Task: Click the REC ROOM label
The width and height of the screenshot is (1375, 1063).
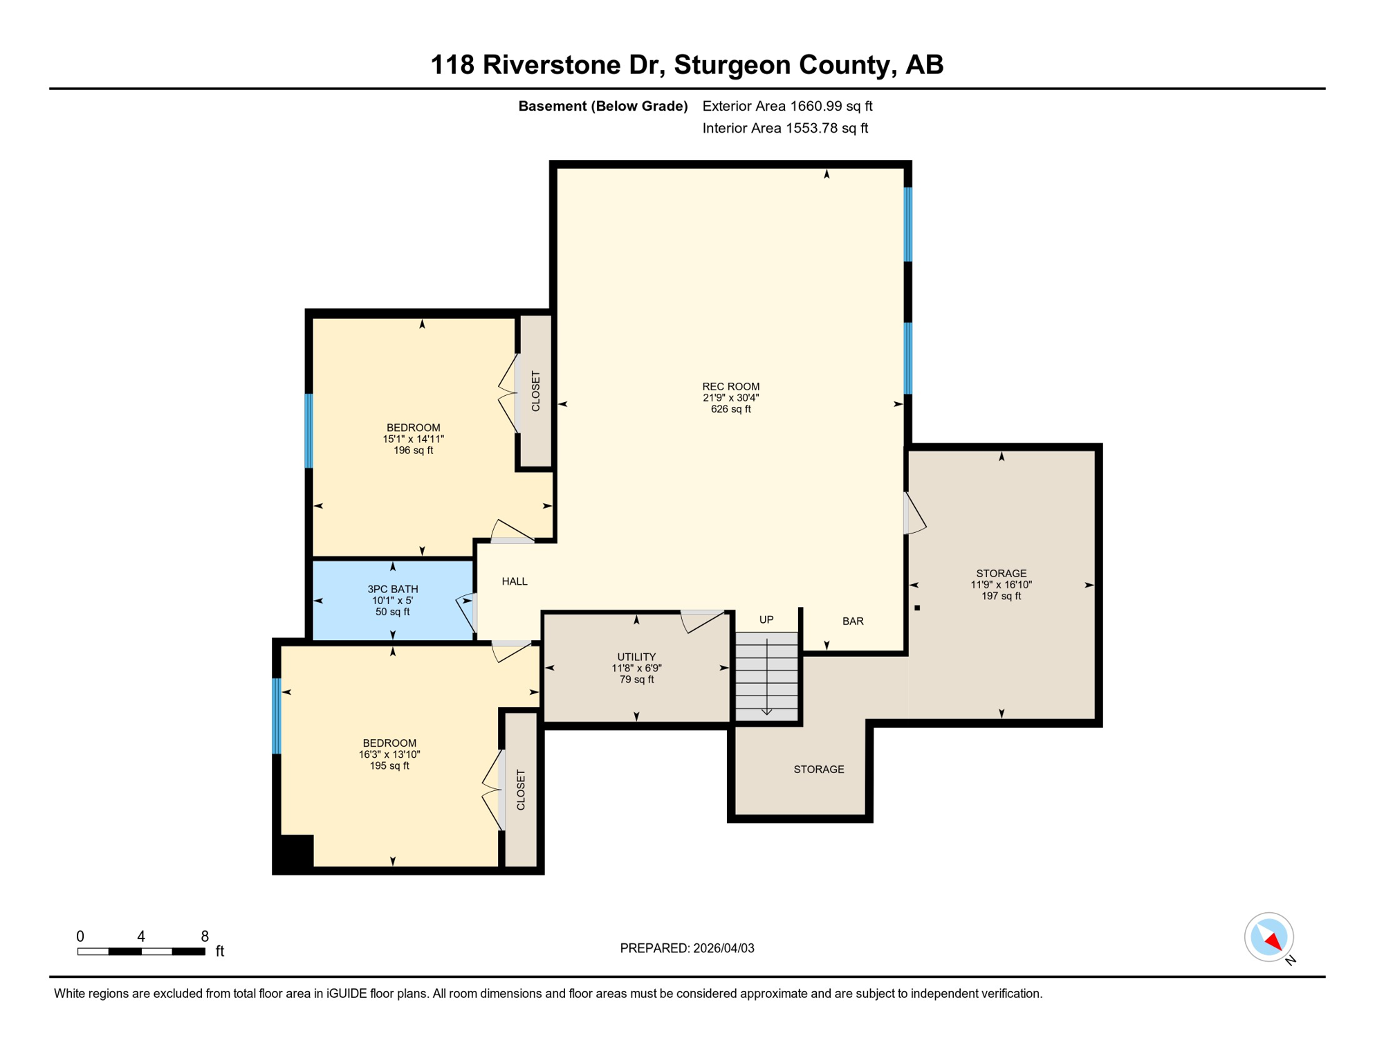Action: [x=730, y=386]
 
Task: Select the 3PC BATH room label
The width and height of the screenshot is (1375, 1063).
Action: [x=392, y=589]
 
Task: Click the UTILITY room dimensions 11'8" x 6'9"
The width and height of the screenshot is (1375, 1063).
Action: [x=636, y=669]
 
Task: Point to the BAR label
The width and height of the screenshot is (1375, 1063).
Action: [x=853, y=621]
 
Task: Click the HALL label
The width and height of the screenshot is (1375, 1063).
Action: [x=515, y=581]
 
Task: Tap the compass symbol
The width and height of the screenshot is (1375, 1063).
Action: [x=1269, y=937]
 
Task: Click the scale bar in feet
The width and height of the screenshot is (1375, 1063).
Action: [x=141, y=952]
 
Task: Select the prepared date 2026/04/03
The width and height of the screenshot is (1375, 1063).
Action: [x=687, y=948]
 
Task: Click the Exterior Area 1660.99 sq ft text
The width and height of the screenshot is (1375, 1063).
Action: [x=787, y=106]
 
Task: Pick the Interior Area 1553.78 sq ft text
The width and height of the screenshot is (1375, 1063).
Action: [x=785, y=128]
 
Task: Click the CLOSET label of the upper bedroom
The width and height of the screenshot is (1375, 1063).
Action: [x=536, y=391]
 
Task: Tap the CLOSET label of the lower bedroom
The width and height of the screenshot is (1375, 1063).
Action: [x=522, y=790]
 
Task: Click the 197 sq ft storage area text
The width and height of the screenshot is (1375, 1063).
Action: [x=1001, y=596]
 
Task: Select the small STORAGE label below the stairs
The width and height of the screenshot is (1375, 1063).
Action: [x=819, y=770]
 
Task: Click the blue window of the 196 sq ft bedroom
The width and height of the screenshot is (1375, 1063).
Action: [x=309, y=430]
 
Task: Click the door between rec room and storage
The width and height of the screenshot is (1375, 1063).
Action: [x=913, y=513]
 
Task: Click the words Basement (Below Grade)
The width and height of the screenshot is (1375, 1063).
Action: [x=603, y=106]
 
